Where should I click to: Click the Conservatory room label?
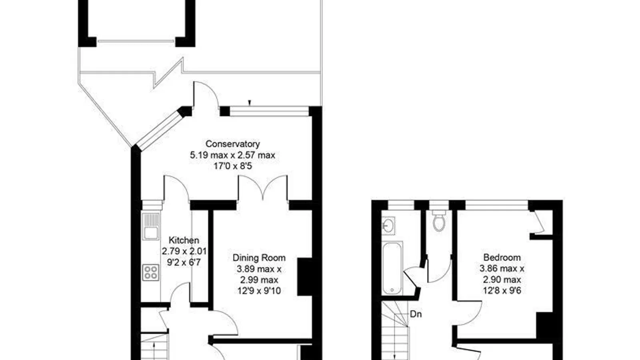coord(232,144)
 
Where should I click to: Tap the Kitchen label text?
coord(184,240)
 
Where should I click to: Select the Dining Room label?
coord(259,258)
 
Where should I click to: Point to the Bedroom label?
coord(502,258)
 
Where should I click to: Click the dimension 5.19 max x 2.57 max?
coord(232,155)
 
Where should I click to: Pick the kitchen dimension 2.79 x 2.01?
coord(184,252)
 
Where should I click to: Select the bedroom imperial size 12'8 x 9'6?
coord(502,290)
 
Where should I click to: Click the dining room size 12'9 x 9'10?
coord(259,291)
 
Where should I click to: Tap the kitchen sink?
coord(151,226)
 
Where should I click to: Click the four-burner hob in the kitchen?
coord(151,272)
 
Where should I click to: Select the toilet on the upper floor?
coord(439,220)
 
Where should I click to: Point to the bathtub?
coord(392,268)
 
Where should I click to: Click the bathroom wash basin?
coord(388,226)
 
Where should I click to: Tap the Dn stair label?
coord(416,314)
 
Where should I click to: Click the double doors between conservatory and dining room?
coord(262,188)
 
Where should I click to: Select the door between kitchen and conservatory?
coord(176,188)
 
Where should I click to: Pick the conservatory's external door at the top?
coord(206,95)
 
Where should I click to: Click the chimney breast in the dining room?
coord(305,277)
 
